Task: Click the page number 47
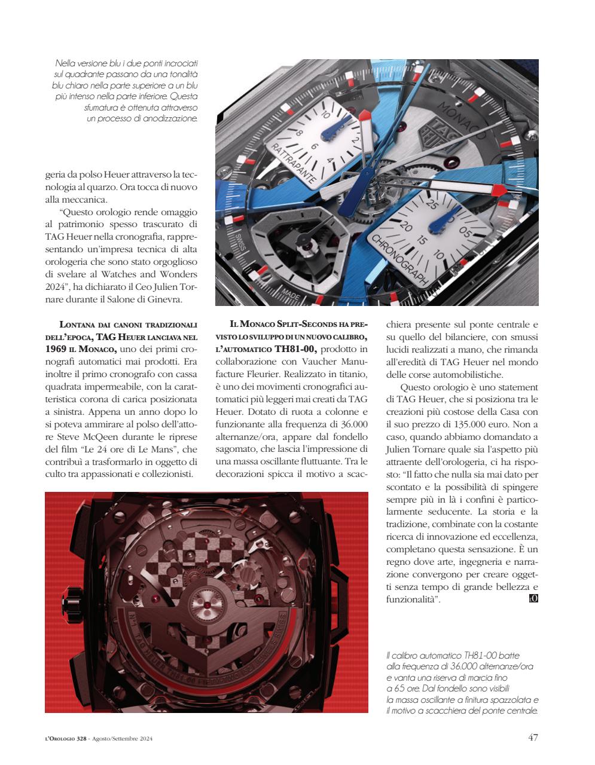point(533,737)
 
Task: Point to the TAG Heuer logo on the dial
point(427,132)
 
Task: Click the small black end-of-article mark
point(533,599)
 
